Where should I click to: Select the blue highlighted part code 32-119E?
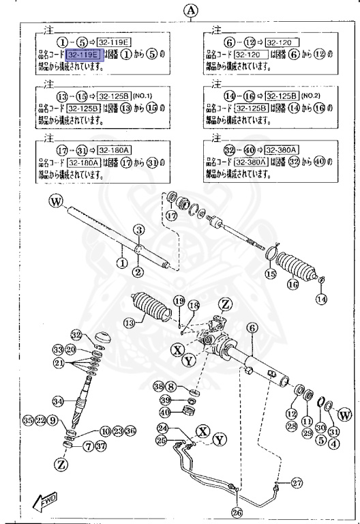(x=85, y=54)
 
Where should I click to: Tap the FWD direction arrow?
(x=44, y=503)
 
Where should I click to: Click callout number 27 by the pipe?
(x=297, y=483)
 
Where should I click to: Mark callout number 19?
(x=179, y=301)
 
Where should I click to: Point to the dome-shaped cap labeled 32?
(x=105, y=337)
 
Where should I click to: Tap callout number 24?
(x=162, y=428)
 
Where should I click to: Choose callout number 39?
(x=165, y=399)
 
